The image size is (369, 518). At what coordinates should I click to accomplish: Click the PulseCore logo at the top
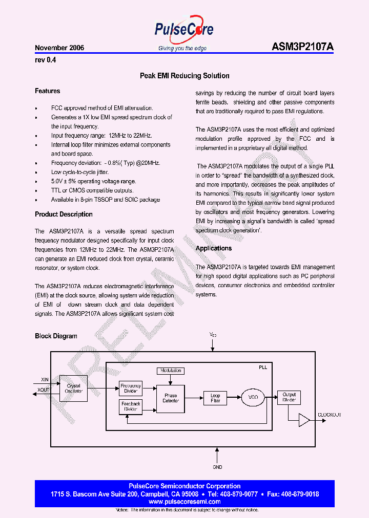pos(183,31)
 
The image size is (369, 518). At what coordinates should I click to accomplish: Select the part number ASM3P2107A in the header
pos(302,47)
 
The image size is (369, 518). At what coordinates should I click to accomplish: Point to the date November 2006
pos(59,48)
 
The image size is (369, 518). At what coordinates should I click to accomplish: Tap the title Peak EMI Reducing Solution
pos(184,76)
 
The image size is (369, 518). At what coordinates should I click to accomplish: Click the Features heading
pos(48,91)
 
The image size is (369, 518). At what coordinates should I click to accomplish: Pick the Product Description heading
pos(64,214)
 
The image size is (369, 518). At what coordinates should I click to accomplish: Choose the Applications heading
pos(214,248)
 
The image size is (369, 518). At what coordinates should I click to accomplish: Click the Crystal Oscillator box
pos(74,389)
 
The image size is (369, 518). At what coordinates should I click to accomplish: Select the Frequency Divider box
pos(131,389)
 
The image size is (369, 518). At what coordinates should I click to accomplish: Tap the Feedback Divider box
pos(131,406)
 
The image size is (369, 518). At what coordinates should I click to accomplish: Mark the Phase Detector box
pos(171,398)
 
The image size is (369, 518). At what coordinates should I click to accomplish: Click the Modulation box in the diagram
pos(171,371)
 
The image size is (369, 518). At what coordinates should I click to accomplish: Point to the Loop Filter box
pos(215,398)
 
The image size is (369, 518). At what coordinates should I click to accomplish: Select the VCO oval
pos(253,398)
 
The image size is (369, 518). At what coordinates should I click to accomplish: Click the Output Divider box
pos(290,398)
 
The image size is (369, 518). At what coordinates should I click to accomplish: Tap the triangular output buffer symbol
pos(305,421)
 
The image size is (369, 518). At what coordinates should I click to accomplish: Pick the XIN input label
pos(45,380)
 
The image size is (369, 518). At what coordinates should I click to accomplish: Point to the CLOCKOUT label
pos(330,415)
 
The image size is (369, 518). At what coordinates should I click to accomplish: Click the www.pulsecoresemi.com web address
pos(184,502)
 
